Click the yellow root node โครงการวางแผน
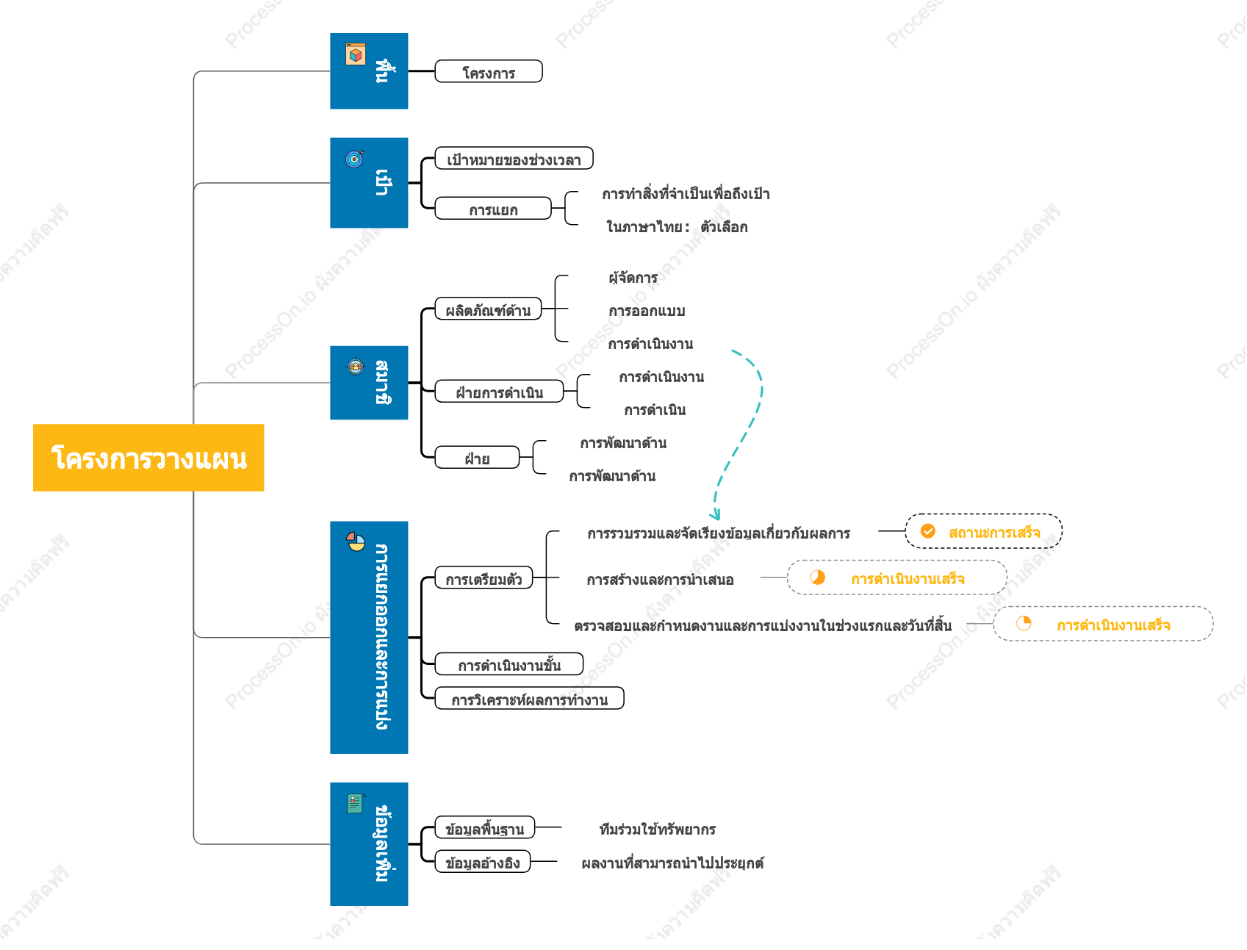point(148,457)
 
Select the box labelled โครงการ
point(489,71)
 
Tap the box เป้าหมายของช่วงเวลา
point(514,159)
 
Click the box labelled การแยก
point(493,209)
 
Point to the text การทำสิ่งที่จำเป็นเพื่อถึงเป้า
point(686,194)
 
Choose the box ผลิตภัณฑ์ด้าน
point(488,309)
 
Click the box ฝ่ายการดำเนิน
point(499,392)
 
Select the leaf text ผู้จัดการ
point(633,277)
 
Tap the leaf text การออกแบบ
point(647,311)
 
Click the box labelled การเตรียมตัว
point(484,578)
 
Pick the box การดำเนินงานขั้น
point(509,664)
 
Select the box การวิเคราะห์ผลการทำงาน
point(529,699)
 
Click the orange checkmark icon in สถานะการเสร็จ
point(928,531)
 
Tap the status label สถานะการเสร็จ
point(994,532)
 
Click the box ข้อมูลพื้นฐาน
point(485,828)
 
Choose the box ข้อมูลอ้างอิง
point(483,862)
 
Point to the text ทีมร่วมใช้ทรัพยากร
point(658,829)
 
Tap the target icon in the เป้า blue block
point(355,158)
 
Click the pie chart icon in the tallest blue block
point(356,541)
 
